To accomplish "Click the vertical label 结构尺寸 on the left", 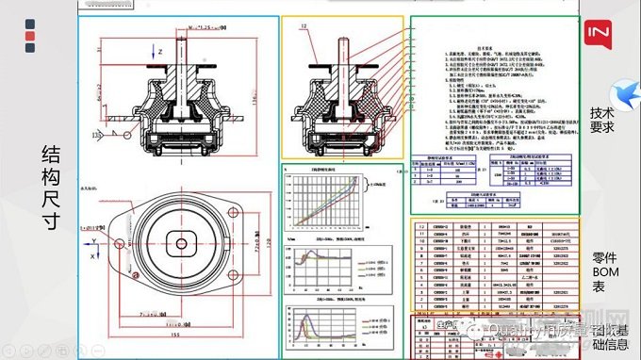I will pos(51,188).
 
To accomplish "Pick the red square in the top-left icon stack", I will pos(31,37).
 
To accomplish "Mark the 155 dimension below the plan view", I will pos(175,334).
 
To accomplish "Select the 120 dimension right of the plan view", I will pos(273,243).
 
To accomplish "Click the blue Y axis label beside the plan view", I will pos(94,239).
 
